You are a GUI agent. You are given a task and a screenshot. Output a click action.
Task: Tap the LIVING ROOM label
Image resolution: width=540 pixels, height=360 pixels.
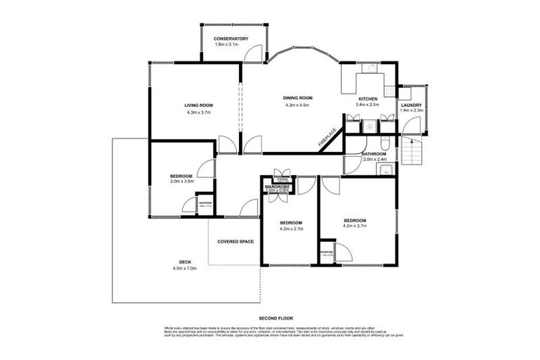pyautogui.click(x=199, y=105)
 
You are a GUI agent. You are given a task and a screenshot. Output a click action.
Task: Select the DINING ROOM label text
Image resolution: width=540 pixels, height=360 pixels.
pyautogui.click(x=297, y=98)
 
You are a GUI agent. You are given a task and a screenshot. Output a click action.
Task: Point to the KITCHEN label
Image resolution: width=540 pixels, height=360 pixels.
pyautogui.click(x=368, y=98)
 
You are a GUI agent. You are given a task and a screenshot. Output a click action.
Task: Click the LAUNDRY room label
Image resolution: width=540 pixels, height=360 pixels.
pyautogui.click(x=411, y=104)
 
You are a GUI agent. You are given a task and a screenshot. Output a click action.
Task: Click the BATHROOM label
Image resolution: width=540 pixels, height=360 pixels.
pyautogui.click(x=373, y=154)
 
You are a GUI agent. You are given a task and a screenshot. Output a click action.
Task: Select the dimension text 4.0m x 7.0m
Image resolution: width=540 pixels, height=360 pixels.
pyautogui.click(x=184, y=269)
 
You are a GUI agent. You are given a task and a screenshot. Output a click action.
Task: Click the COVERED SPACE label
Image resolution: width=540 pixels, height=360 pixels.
pyautogui.click(x=236, y=241)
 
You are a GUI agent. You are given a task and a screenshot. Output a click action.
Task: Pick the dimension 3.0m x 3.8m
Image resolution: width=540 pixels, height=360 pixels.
pyautogui.click(x=181, y=181)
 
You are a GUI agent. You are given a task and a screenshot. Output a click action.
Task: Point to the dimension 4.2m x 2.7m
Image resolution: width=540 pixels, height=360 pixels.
pyautogui.click(x=290, y=228)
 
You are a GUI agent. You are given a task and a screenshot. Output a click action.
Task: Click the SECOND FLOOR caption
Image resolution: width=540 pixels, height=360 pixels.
pyautogui.click(x=269, y=319)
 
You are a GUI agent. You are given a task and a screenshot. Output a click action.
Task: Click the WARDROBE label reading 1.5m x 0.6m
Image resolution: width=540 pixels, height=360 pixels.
pyautogui.click(x=278, y=188)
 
